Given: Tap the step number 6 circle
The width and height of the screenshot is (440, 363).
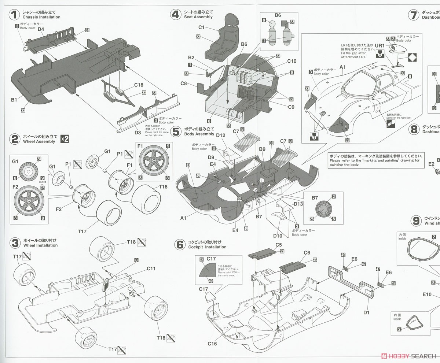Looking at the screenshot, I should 179,244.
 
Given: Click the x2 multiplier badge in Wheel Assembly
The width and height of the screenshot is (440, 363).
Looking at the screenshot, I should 65,139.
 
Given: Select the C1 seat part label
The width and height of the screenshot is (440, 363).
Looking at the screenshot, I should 201,27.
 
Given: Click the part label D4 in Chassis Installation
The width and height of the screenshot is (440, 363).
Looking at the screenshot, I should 41,29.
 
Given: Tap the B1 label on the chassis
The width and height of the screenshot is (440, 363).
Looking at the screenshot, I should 14,99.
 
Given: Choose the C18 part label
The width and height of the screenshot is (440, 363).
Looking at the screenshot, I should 139,85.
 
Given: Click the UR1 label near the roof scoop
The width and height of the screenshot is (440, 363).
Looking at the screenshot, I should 379,45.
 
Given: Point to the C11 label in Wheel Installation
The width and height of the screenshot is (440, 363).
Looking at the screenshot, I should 151,268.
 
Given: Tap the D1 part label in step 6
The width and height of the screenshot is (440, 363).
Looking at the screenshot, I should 366,312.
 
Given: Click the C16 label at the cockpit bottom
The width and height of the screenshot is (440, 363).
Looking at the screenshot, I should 212,344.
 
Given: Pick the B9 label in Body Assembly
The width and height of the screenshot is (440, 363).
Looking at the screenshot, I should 262,149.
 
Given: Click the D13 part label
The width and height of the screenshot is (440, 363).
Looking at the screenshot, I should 298,204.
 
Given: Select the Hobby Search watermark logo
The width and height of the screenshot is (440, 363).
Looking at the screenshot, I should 408,356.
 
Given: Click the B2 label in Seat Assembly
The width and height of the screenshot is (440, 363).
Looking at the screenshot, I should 191,58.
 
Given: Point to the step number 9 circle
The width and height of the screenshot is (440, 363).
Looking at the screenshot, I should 416,221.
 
